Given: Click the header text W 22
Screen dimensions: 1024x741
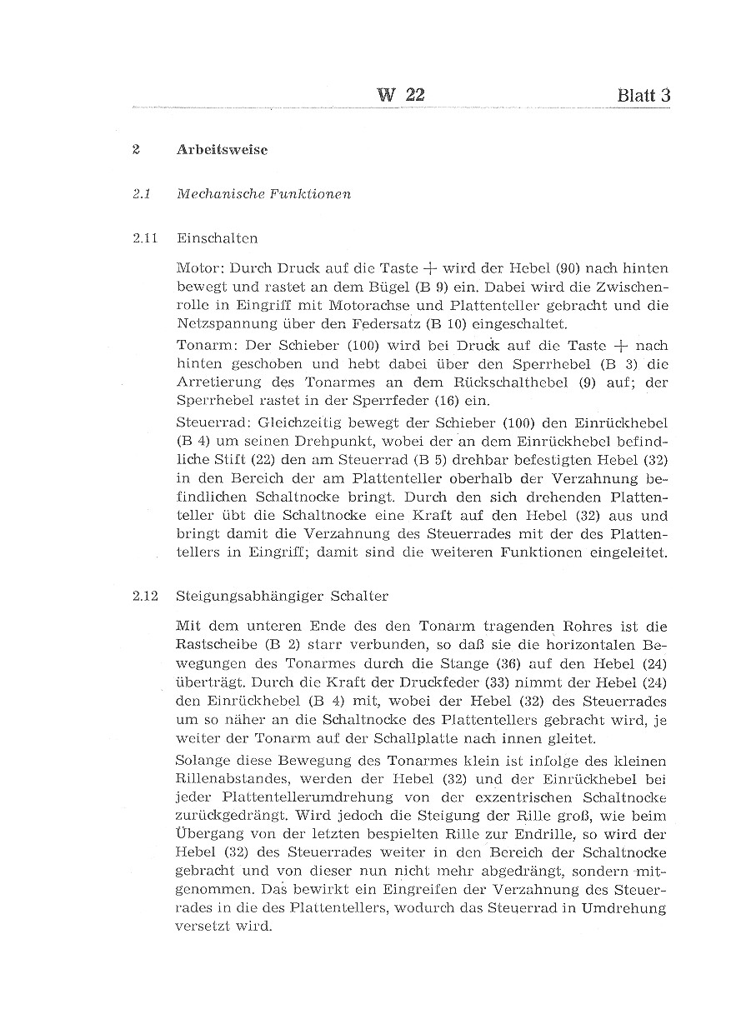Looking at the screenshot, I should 401,95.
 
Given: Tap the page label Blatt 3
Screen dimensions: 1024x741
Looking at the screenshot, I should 643,95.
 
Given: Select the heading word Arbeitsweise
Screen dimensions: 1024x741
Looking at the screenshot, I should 222,151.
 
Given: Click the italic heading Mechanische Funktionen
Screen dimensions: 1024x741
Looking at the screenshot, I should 263,194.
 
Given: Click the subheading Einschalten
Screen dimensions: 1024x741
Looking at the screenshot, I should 217,238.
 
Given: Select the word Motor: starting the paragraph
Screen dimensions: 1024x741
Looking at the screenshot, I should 200,269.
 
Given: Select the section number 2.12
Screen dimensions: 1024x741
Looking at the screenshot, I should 145,596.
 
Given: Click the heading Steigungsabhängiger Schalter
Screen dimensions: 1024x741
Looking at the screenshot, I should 282,596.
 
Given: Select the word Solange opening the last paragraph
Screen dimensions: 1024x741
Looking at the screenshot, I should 204,762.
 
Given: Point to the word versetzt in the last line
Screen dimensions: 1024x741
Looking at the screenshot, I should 205,927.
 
